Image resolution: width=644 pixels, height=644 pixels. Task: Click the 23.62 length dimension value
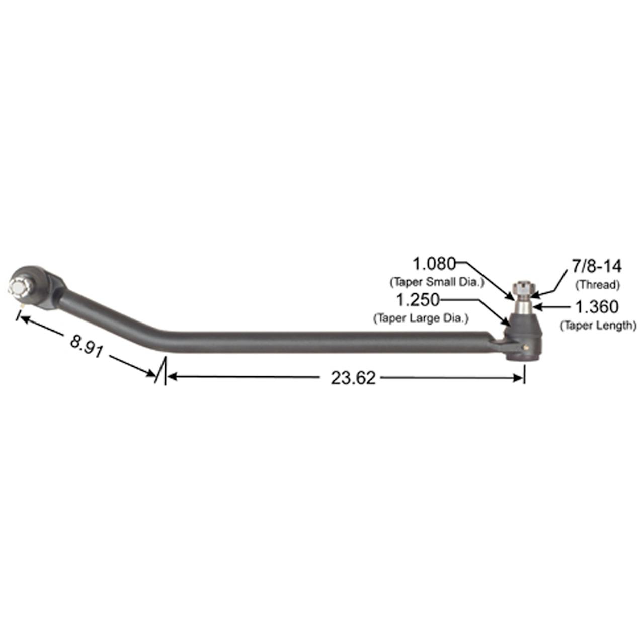coord(353,378)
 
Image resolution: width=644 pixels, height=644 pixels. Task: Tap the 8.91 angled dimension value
coord(87,346)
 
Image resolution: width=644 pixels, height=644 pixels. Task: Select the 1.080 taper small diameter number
coord(434,264)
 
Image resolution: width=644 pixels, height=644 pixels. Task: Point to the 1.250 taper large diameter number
coord(418,300)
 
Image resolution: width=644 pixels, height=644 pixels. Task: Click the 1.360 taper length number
coord(597,307)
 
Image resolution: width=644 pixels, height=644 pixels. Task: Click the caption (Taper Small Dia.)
coord(437,282)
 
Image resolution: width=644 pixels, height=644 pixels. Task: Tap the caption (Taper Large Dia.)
coord(421,318)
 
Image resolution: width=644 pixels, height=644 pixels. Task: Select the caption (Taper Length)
coord(598,325)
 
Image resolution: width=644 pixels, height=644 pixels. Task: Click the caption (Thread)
coord(598,285)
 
